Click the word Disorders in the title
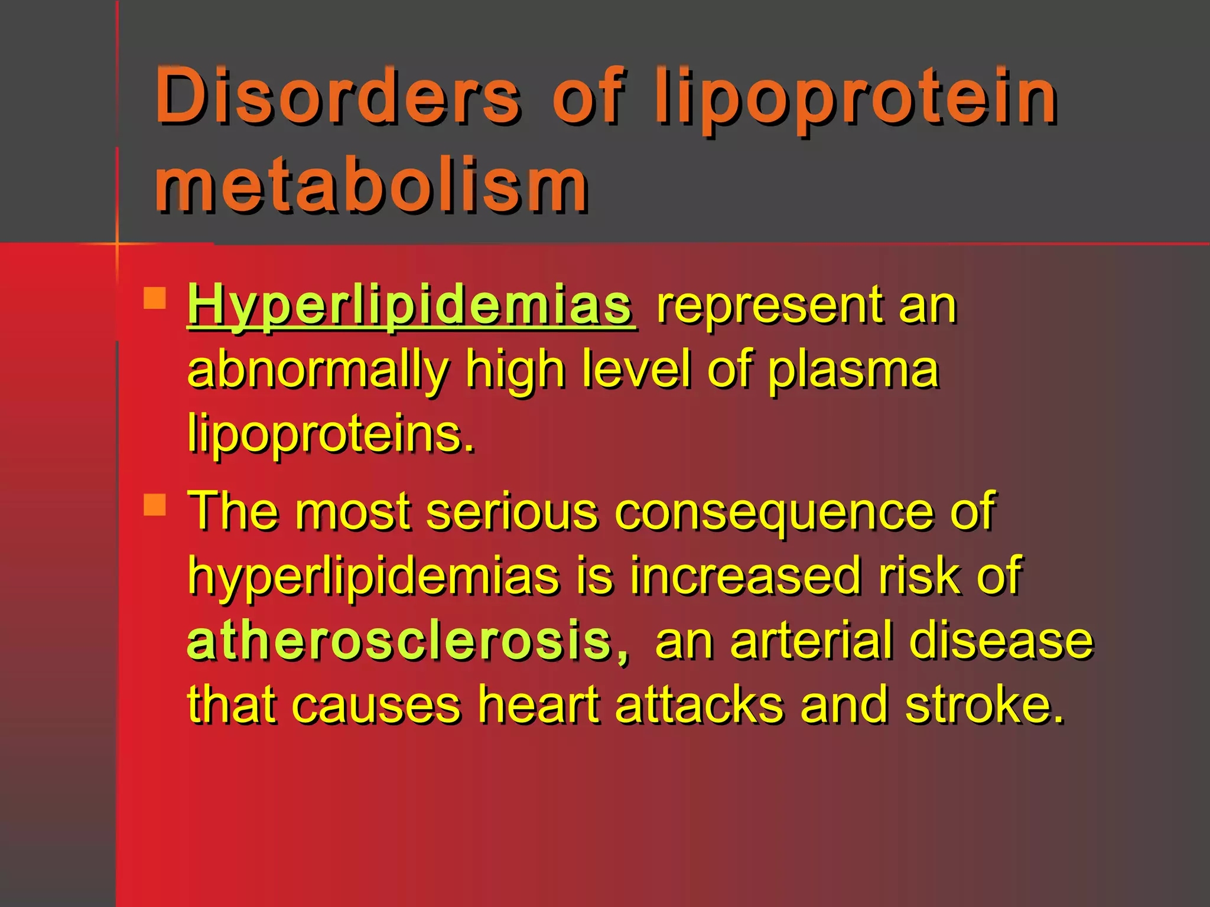coord(337,96)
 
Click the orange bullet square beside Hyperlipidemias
coord(155,298)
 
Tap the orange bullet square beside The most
coord(155,505)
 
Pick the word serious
coord(511,511)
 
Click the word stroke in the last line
coord(984,705)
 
